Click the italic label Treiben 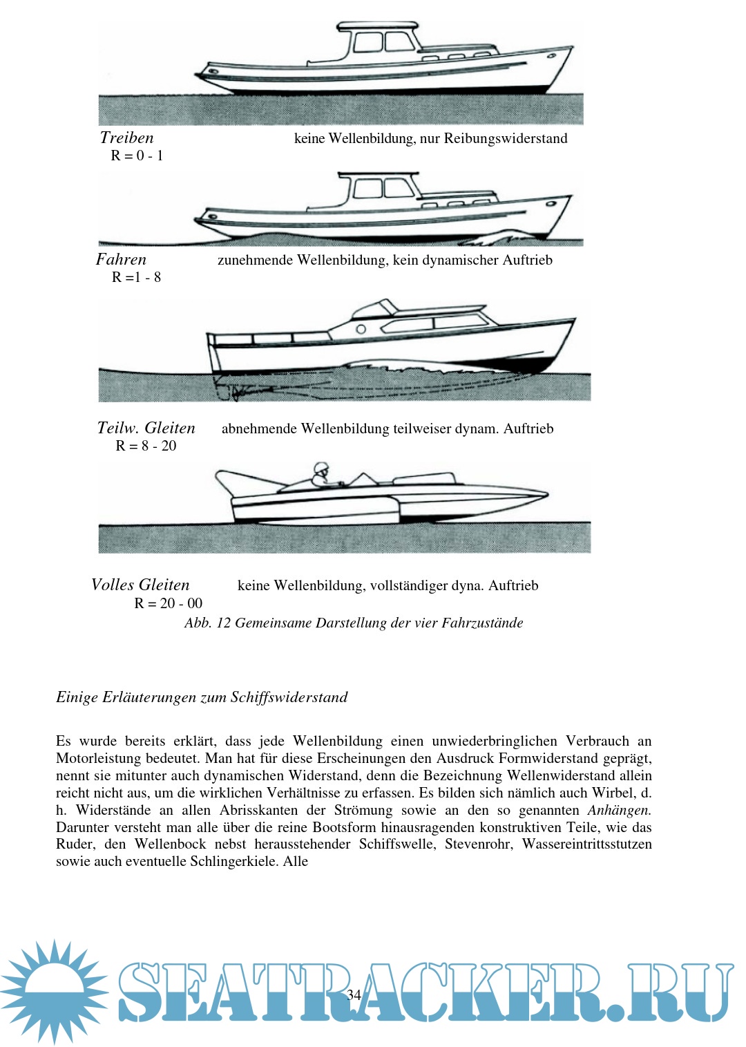[126, 138]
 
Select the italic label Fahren [121, 259]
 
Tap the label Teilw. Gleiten [146, 428]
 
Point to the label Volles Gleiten [140, 585]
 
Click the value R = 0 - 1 [137, 155]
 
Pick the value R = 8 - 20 [146, 446]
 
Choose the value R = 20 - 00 [168, 603]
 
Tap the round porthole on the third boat [361, 329]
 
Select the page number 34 [354, 994]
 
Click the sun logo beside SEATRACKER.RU [54, 991]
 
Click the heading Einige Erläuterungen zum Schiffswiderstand [202, 697]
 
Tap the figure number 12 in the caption [223, 623]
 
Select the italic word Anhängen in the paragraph [619, 810]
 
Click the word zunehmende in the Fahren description [254, 260]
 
